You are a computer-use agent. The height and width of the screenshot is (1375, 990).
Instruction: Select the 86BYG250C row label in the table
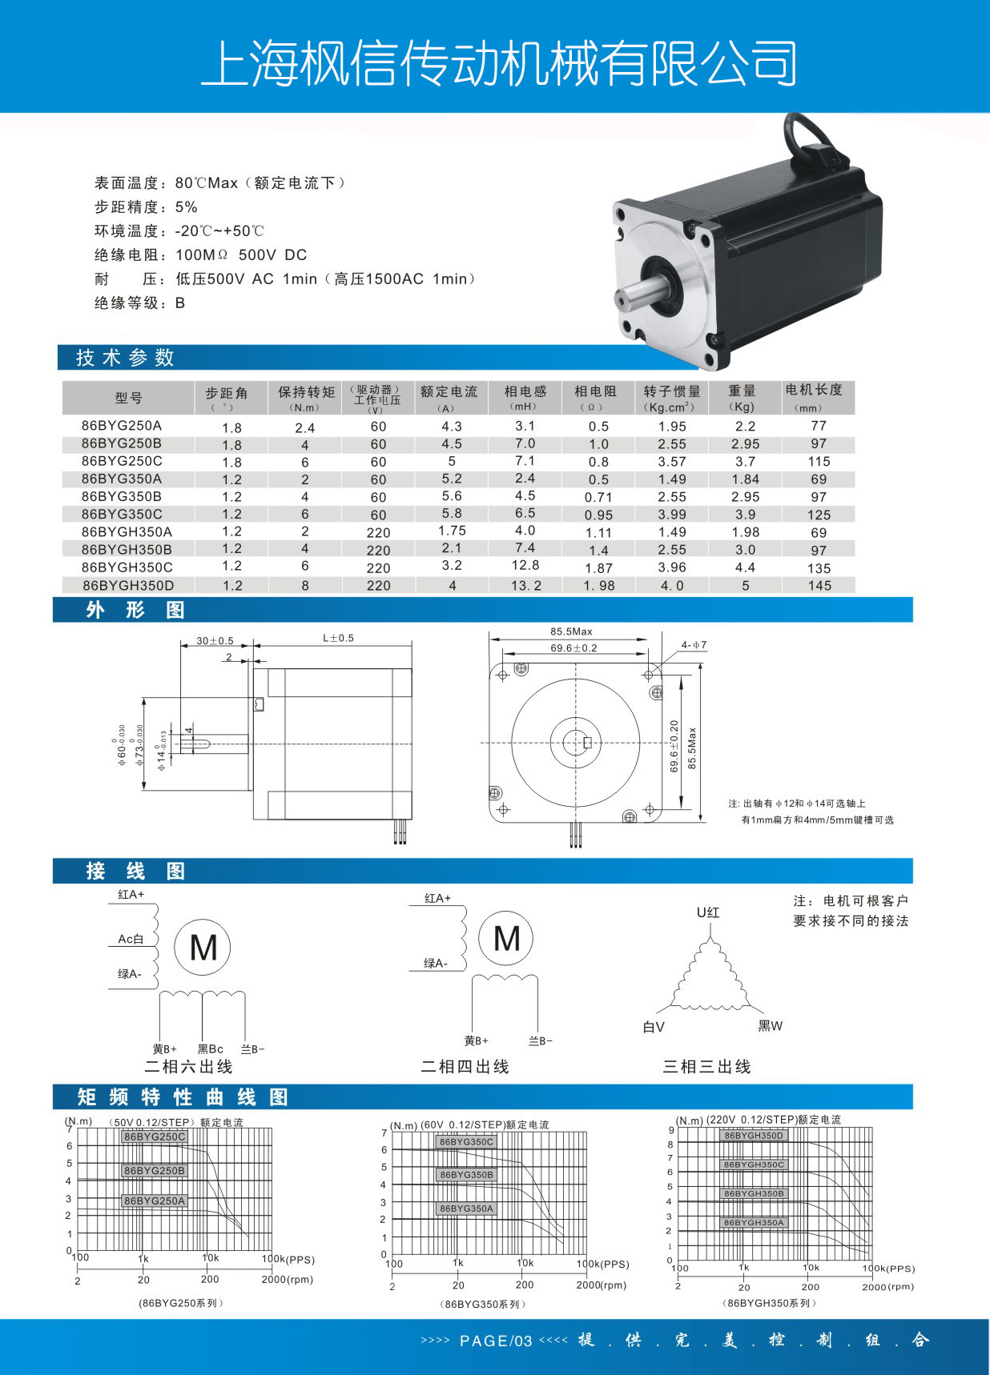coord(122,461)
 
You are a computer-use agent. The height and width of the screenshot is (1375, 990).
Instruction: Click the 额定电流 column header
coord(449,392)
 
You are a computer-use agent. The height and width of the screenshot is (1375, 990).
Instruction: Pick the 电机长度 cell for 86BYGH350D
coord(819,586)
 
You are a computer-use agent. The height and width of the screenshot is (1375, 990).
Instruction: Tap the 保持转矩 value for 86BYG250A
coord(305,427)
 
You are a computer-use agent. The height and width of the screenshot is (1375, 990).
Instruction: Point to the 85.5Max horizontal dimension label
coord(571,631)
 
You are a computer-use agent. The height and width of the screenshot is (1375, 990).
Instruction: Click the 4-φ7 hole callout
coord(694,645)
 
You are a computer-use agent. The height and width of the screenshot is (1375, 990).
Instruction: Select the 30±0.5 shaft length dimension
coord(215,641)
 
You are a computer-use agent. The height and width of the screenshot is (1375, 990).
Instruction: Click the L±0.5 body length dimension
coord(338,639)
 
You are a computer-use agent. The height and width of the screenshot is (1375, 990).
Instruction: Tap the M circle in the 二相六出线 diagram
coord(203,948)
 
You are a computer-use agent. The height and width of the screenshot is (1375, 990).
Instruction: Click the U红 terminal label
coord(708,912)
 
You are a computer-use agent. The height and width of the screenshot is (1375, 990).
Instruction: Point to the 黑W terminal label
coord(771,1026)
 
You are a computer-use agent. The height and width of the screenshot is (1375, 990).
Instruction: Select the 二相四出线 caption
coord(465,1067)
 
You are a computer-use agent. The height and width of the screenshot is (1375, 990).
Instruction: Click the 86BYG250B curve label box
coord(155,1171)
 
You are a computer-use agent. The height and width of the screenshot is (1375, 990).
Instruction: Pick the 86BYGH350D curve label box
coord(754,1136)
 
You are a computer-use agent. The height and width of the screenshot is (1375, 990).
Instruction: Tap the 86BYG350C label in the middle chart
coord(466,1142)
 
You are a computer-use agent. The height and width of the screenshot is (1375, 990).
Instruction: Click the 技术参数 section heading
coord(125,358)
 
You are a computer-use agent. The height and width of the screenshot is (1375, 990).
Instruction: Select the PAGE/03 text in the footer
coord(496,1341)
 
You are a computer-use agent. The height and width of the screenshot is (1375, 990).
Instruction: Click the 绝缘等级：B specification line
coord(139,303)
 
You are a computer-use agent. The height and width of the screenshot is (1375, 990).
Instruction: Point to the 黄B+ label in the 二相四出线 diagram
coord(476,1041)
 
